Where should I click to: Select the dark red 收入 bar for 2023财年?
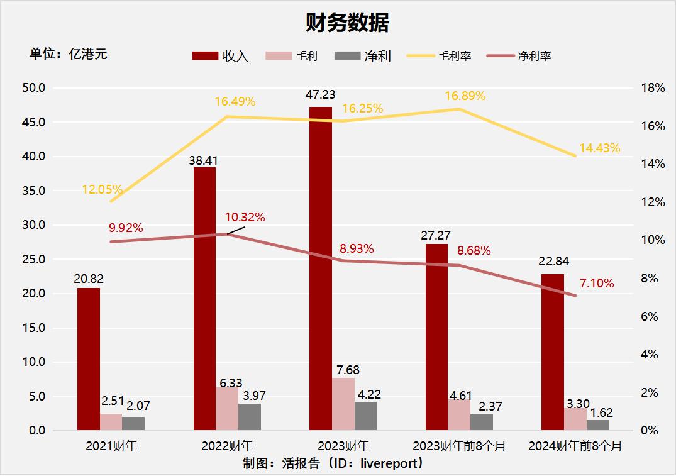click(x=321, y=268)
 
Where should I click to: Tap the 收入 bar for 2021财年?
click(x=89, y=359)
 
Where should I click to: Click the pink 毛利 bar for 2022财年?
click(x=227, y=409)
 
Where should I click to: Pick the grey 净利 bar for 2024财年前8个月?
click(x=597, y=425)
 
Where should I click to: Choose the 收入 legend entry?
click(x=221, y=56)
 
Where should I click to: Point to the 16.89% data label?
click(x=465, y=96)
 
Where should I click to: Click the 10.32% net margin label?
click(x=245, y=218)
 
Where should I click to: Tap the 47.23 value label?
click(x=321, y=94)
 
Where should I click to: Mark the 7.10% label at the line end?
click(x=596, y=284)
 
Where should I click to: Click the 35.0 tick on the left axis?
click(x=34, y=191)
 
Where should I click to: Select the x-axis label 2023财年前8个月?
click(x=459, y=446)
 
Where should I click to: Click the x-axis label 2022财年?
click(x=227, y=446)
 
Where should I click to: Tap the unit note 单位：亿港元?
click(x=69, y=54)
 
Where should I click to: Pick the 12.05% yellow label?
click(x=102, y=189)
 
